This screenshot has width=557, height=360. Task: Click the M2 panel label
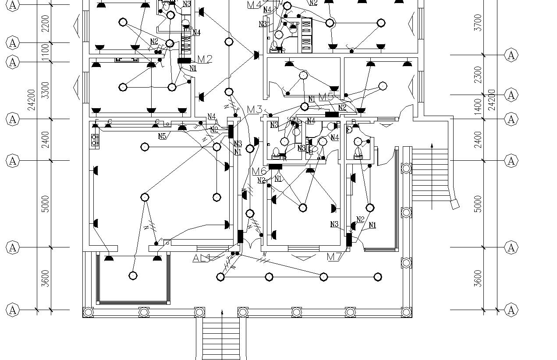point(205,59)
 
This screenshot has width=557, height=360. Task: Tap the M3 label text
point(255,109)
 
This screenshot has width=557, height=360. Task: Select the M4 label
point(254,5)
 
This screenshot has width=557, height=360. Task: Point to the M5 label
point(326,97)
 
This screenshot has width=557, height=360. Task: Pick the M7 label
point(334,257)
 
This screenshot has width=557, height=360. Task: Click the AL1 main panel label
point(202,258)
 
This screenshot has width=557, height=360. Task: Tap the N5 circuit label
point(162,136)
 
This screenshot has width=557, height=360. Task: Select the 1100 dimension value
point(45,53)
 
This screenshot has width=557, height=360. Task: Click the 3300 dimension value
point(45,90)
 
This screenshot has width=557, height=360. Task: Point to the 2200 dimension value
point(45,23)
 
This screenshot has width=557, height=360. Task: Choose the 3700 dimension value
point(478,23)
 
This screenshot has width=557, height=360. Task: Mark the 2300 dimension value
point(478,74)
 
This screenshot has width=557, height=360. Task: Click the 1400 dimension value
point(478,106)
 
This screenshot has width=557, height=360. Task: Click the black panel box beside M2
point(184,60)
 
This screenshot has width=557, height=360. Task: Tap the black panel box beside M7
point(349,240)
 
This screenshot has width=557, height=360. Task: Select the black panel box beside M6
point(275,166)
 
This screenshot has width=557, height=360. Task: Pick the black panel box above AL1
point(240,236)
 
